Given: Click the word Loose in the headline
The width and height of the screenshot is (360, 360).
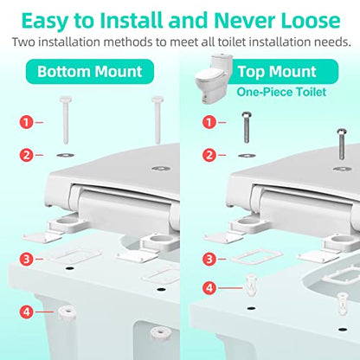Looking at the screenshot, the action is tap(311, 20).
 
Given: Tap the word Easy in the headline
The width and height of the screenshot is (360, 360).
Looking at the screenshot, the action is tap(45, 21).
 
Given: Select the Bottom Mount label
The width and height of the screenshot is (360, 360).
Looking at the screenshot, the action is tap(90, 72).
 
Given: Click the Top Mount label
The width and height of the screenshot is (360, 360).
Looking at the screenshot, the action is tap(277, 72).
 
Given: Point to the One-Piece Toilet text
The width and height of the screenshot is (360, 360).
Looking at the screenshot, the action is tap(281, 92).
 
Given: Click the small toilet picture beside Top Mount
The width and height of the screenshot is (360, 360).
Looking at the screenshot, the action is tap(210, 79).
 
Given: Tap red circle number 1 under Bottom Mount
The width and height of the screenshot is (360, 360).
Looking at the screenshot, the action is tap(27, 122).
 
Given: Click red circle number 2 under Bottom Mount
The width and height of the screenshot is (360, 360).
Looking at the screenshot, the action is tap(27, 155).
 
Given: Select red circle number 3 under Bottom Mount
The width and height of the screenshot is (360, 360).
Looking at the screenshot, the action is tap(27, 259).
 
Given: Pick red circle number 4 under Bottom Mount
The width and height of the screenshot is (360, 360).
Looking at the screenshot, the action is tap(27, 312).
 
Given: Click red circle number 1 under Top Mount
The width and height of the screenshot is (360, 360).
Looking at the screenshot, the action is tap(209, 122).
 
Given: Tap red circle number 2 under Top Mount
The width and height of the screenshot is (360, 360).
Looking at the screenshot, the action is tap(209, 155).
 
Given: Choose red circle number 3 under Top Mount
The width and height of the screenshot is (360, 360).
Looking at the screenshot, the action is tap(209, 259).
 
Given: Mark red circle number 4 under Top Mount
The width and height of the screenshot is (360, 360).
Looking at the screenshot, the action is tap(209, 288).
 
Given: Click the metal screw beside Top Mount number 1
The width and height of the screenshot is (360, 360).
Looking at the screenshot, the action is tap(247, 127).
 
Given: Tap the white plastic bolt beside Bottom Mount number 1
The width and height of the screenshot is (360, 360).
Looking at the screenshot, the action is tap(66, 119).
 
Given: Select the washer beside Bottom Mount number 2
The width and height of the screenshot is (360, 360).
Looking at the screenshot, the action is tap(66, 155).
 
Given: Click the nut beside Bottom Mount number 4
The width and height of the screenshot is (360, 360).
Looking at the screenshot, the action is tap(67, 313).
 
